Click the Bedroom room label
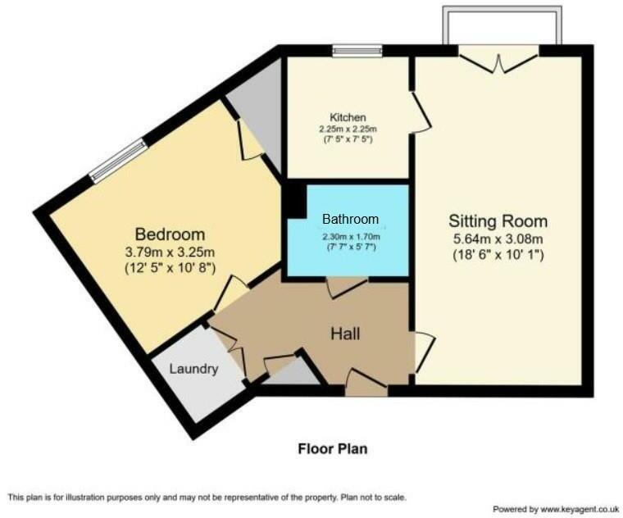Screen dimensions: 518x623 point(171,234)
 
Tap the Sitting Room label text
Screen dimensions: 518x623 point(498,221)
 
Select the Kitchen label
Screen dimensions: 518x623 point(348,117)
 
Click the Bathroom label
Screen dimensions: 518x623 point(350,219)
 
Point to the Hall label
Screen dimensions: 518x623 point(345,334)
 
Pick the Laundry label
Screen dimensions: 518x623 point(193,369)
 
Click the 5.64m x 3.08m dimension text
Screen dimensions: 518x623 point(498,239)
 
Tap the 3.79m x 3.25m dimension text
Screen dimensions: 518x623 point(171,252)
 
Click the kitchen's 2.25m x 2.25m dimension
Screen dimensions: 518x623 point(348,129)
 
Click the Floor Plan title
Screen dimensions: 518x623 point(332,448)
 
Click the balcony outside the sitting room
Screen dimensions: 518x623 point(502,26)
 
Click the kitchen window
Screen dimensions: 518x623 point(357,52)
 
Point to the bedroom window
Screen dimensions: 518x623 point(120,161)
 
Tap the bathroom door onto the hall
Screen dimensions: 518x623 point(346,286)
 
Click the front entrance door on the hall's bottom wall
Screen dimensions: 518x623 point(366,383)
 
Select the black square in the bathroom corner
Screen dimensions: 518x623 point(293,201)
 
